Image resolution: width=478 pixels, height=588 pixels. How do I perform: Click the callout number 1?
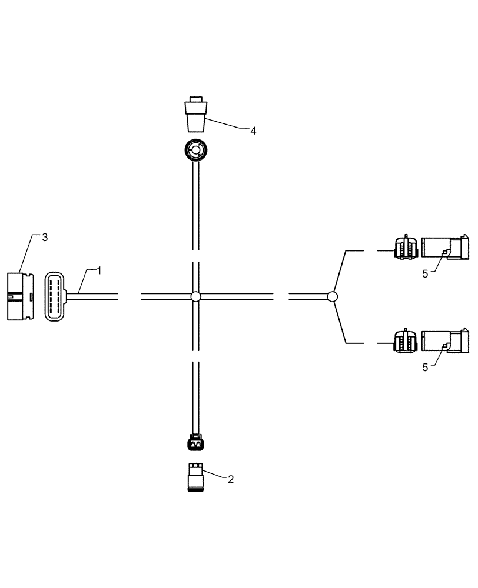click(99, 271)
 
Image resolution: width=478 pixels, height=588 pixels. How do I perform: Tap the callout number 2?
click(230, 479)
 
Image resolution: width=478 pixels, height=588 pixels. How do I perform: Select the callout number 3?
click(44, 238)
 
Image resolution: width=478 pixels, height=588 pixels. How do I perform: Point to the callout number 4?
click(253, 131)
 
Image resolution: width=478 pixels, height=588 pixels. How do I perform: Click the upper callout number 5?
click(424, 274)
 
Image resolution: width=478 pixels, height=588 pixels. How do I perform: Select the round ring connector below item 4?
click(194, 151)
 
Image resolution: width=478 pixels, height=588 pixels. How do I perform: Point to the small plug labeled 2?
click(195, 477)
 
